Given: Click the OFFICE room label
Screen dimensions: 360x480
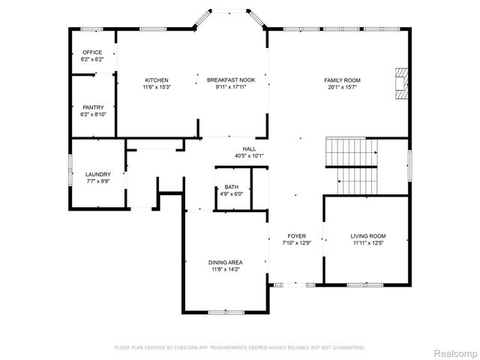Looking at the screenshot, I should [x=92, y=52].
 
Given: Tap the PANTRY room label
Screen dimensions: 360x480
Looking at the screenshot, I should [x=94, y=107].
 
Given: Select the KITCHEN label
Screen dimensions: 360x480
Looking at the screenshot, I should [x=157, y=80].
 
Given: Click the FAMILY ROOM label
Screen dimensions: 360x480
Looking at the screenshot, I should [x=343, y=80].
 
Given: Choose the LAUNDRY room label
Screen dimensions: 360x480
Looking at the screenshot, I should [x=98, y=174].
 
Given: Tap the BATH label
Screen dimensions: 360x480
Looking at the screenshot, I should [x=231, y=187].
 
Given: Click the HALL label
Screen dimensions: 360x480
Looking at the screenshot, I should [x=250, y=148].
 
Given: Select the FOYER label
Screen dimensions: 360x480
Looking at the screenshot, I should [x=296, y=236].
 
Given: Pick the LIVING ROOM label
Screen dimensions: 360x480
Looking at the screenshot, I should [x=368, y=236].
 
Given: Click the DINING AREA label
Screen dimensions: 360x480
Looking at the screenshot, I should [x=226, y=262].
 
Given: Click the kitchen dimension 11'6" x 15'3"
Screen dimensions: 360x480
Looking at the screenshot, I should [x=157, y=87].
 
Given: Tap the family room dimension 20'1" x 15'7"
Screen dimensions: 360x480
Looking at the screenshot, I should [x=343, y=87].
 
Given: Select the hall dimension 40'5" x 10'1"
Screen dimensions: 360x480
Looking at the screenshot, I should [x=250, y=155].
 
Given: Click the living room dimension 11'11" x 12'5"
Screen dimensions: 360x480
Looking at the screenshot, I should [x=368, y=243].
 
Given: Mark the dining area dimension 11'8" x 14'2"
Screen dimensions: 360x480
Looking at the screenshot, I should [x=226, y=268].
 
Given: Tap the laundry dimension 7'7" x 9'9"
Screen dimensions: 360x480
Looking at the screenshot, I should [x=98, y=181].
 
